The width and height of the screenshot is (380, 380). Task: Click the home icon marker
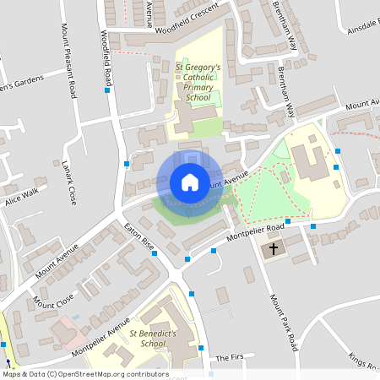point(189,182)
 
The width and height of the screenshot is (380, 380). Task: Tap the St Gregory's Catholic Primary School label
point(198,82)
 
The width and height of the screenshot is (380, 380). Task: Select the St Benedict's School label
point(142,339)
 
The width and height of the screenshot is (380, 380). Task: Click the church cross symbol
point(273,250)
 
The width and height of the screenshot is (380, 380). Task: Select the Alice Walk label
point(21,197)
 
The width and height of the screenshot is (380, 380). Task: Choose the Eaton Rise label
point(138,237)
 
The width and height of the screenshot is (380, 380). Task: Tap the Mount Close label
point(53,299)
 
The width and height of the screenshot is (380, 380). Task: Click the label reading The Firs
point(229,358)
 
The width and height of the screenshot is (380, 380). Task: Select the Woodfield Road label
point(106,59)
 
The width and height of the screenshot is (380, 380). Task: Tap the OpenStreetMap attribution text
point(85,373)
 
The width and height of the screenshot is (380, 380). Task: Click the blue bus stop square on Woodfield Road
point(107,90)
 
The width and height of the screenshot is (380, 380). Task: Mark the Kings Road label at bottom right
point(363,362)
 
